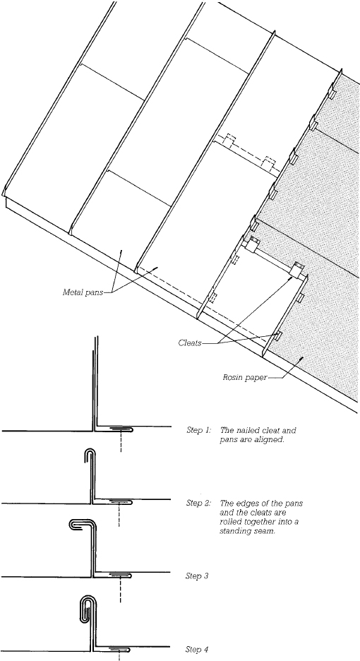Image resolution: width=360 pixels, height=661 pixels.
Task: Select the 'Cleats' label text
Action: [x=191, y=343]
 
